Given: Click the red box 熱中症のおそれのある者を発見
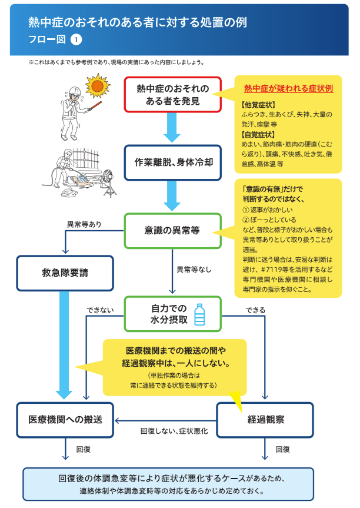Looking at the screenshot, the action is click(x=172, y=95).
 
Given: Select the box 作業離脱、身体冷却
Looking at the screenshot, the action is click(x=172, y=162).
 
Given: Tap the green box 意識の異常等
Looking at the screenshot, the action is click(x=172, y=231).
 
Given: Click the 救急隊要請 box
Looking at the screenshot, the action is click(x=65, y=273).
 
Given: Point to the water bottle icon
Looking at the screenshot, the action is click(x=199, y=314).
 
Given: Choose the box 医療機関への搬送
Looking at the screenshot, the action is click(x=65, y=420).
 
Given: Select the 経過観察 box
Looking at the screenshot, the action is click(x=265, y=420).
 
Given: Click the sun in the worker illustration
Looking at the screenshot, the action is click(x=98, y=86).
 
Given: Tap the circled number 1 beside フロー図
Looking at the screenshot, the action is click(x=76, y=39).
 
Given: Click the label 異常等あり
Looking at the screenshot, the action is click(x=84, y=224).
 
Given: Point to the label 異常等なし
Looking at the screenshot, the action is click(x=194, y=270).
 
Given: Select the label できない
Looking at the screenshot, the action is click(x=100, y=310).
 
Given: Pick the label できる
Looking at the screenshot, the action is click(x=255, y=310).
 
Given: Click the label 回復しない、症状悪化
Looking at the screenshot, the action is click(x=174, y=431).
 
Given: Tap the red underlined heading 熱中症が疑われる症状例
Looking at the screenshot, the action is click(x=288, y=88).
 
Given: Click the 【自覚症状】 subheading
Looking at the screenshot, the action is click(x=258, y=134).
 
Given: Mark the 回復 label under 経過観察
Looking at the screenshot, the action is click(x=282, y=449).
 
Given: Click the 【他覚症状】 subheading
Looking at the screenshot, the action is click(x=258, y=105).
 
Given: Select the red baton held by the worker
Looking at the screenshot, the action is click(x=95, y=106).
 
